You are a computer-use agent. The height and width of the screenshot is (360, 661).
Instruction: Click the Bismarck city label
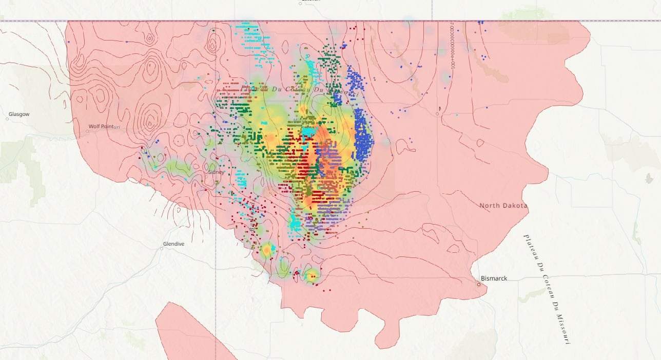click(494, 278)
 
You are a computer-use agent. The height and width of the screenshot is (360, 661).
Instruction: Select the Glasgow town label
click(19, 114)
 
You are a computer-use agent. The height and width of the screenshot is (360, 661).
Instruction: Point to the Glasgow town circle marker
click(8, 119)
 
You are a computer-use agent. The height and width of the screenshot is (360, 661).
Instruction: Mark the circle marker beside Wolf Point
click(87, 131)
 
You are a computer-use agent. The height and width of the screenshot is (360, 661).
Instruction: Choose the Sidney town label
click(216, 172)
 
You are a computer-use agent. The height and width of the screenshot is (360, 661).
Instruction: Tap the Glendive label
click(173, 244)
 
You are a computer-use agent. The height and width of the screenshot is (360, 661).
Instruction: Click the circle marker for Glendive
click(162, 248)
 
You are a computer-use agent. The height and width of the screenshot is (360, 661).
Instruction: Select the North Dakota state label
click(503, 206)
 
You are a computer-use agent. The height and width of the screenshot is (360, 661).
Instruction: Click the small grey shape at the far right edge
click(649, 178)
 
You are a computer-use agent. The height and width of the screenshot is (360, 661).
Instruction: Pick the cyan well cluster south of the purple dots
click(295, 224)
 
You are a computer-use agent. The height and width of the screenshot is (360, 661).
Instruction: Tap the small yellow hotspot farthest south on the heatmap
click(312, 276)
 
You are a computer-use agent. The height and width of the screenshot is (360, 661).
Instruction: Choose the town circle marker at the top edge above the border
click(300, 3)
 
